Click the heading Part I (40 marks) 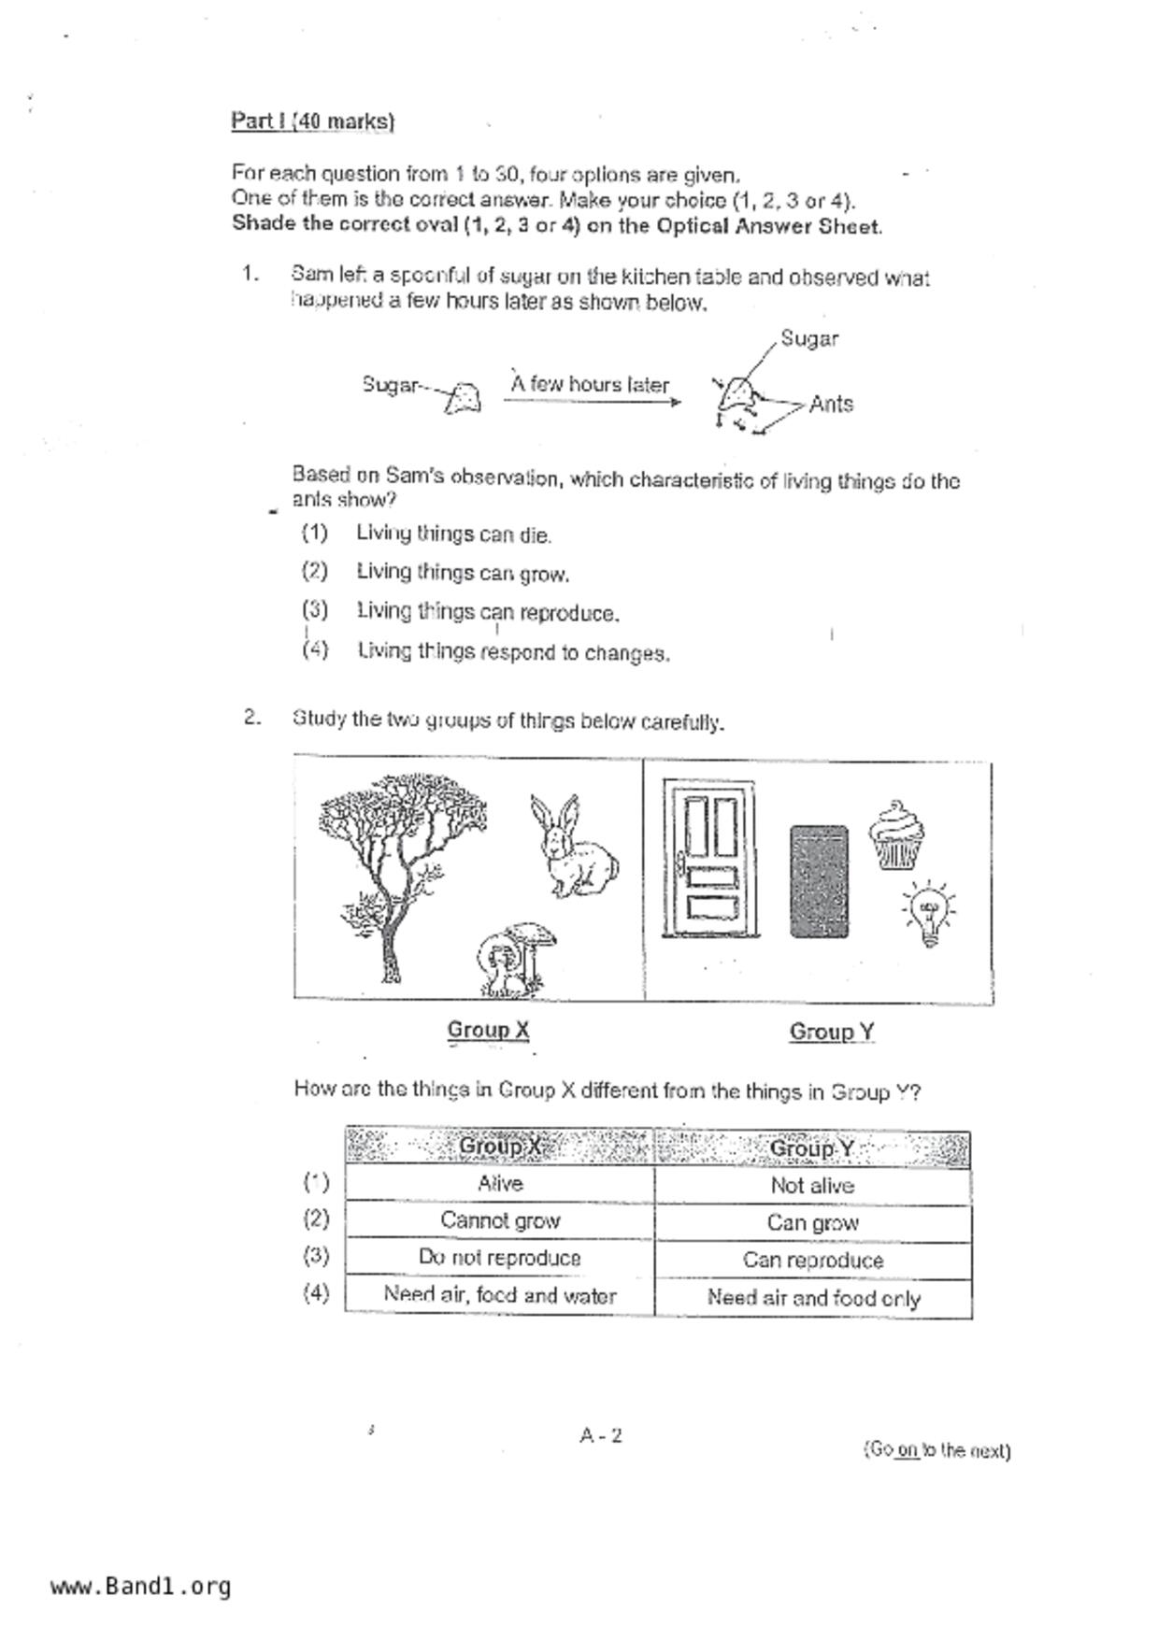(x=312, y=121)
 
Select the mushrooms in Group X (x=515, y=957)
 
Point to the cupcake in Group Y (x=897, y=835)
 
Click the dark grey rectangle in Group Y (x=819, y=880)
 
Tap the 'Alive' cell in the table (x=500, y=1184)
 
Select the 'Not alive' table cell (x=812, y=1186)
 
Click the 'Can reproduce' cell (x=812, y=1261)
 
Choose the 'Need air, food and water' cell (x=500, y=1296)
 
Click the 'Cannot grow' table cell (x=500, y=1221)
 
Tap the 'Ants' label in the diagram (x=831, y=405)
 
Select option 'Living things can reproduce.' (x=487, y=613)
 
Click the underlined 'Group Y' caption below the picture (x=831, y=1032)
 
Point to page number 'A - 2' (x=600, y=1435)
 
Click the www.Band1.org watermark (x=141, y=1586)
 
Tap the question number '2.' (x=251, y=718)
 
